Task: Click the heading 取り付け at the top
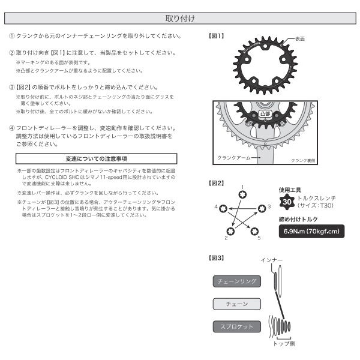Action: pyautogui.click(x=180, y=17)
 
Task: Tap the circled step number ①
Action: pyautogui.click(x=12, y=36)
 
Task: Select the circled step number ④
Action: pyautogui.click(x=12, y=128)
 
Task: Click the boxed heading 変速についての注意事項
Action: pyautogui.click(x=96, y=158)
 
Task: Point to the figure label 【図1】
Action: pyautogui.click(x=216, y=36)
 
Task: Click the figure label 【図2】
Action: pyautogui.click(x=216, y=182)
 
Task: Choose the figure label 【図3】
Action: pyautogui.click(x=216, y=257)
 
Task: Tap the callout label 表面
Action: pyautogui.click(x=301, y=38)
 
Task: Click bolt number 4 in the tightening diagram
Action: pyautogui.click(x=223, y=208)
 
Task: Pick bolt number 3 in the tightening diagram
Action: pyautogui.click(x=262, y=208)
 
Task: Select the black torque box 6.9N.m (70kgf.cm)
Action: pyautogui.click(x=311, y=232)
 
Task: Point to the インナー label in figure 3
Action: pyautogui.click(x=271, y=260)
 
